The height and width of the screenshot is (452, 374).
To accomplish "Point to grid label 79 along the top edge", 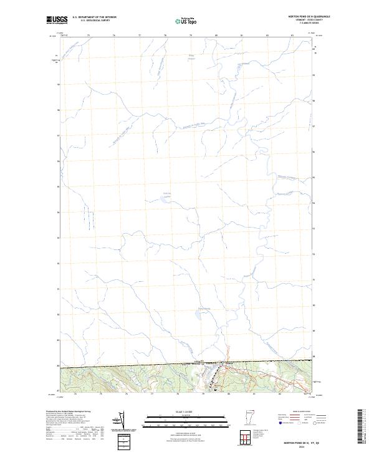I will [191, 35].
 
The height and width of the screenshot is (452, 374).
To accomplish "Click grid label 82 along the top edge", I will [267, 35].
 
